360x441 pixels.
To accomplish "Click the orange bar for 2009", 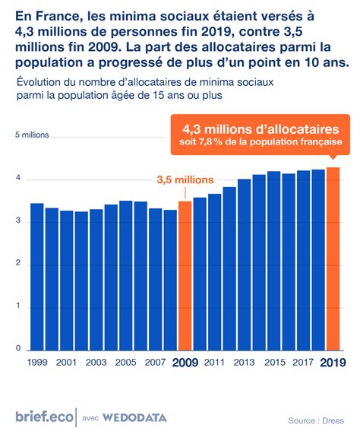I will [185, 275].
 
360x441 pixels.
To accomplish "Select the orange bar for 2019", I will [333, 259].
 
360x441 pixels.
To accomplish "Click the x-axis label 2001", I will [66, 363].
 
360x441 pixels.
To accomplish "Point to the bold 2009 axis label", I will [185, 363].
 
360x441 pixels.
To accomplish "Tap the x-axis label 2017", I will [303, 363].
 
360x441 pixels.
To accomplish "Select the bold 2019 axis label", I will [333, 363].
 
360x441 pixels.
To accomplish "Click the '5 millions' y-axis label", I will [32, 135].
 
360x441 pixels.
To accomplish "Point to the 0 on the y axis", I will [17, 349].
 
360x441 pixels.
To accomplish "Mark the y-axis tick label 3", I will [17, 221].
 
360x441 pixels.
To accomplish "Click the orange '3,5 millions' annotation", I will [185, 180].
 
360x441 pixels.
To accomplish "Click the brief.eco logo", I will [44, 416].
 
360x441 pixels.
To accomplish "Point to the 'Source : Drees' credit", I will [315, 420].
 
